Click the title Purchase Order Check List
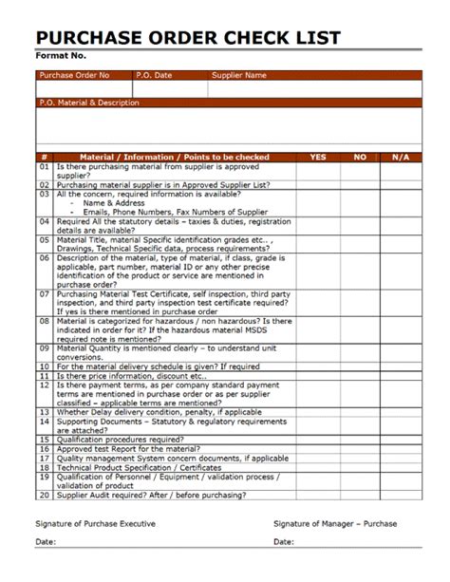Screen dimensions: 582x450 coord(187,38)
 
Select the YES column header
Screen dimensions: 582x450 coord(317,157)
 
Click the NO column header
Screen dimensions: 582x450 coord(360,157)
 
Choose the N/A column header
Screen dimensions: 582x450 coord(400,157)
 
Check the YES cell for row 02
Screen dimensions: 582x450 coord(317,183)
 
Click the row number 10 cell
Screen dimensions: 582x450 coord(44,366)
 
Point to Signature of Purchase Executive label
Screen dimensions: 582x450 coord(96,523)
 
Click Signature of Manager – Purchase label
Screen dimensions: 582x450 coord(335,523)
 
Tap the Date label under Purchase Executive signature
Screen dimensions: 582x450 coord(46,542)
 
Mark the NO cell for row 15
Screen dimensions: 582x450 coord(360,440)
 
